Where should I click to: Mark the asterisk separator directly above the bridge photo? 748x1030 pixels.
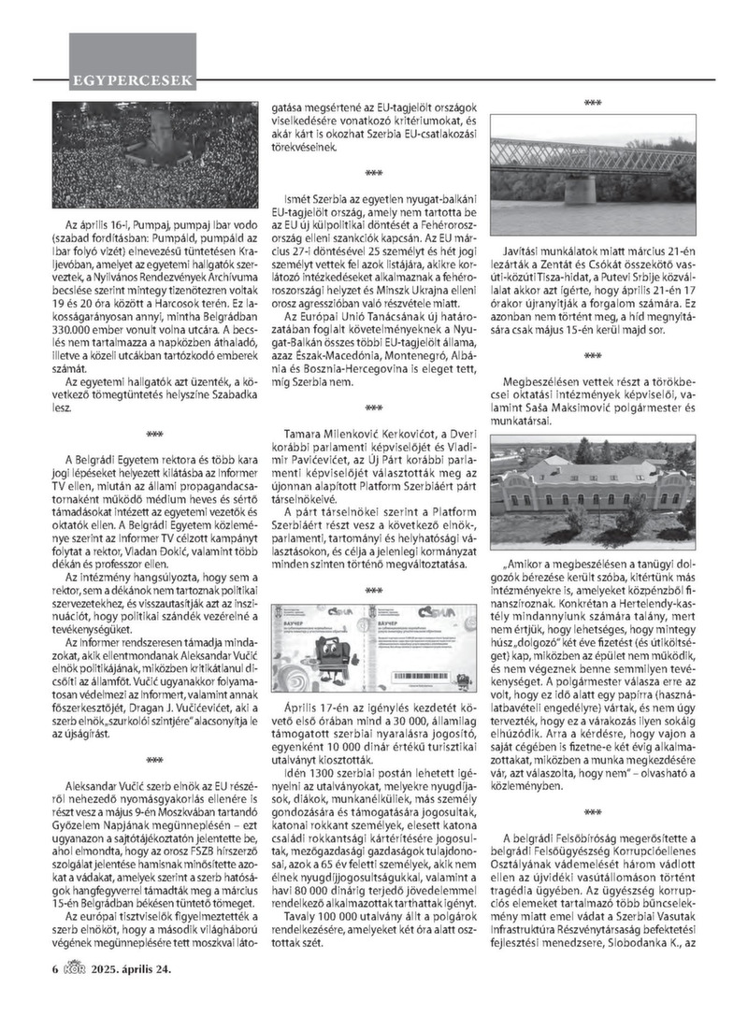pyautogui.click(x=593, y=103)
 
